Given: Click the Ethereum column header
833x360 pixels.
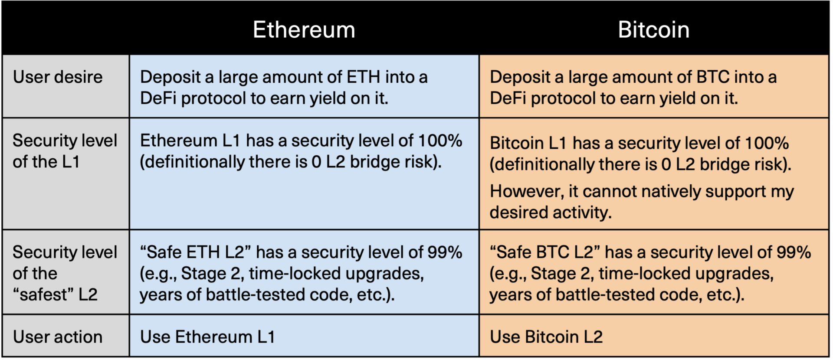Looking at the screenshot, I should pyautogui.click(x=304, y=29).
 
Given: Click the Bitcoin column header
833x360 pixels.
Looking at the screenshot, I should pyautogui.click(x=653, y=29).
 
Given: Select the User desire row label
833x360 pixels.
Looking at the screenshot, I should pyautogui.click(x=58, y=77).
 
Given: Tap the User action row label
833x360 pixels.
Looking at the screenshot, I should pyautogui.click(x=58, y=337).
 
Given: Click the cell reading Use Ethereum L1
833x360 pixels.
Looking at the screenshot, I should pyautogui.click(x=207, y=337).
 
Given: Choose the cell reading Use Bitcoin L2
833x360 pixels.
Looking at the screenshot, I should pyautogui.click(x=546, y=337).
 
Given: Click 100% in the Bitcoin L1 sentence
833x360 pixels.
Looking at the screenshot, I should pyautogui.click(x=767, y=143).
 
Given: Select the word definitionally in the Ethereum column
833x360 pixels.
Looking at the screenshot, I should pyautogui.click(x=193, y=162).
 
